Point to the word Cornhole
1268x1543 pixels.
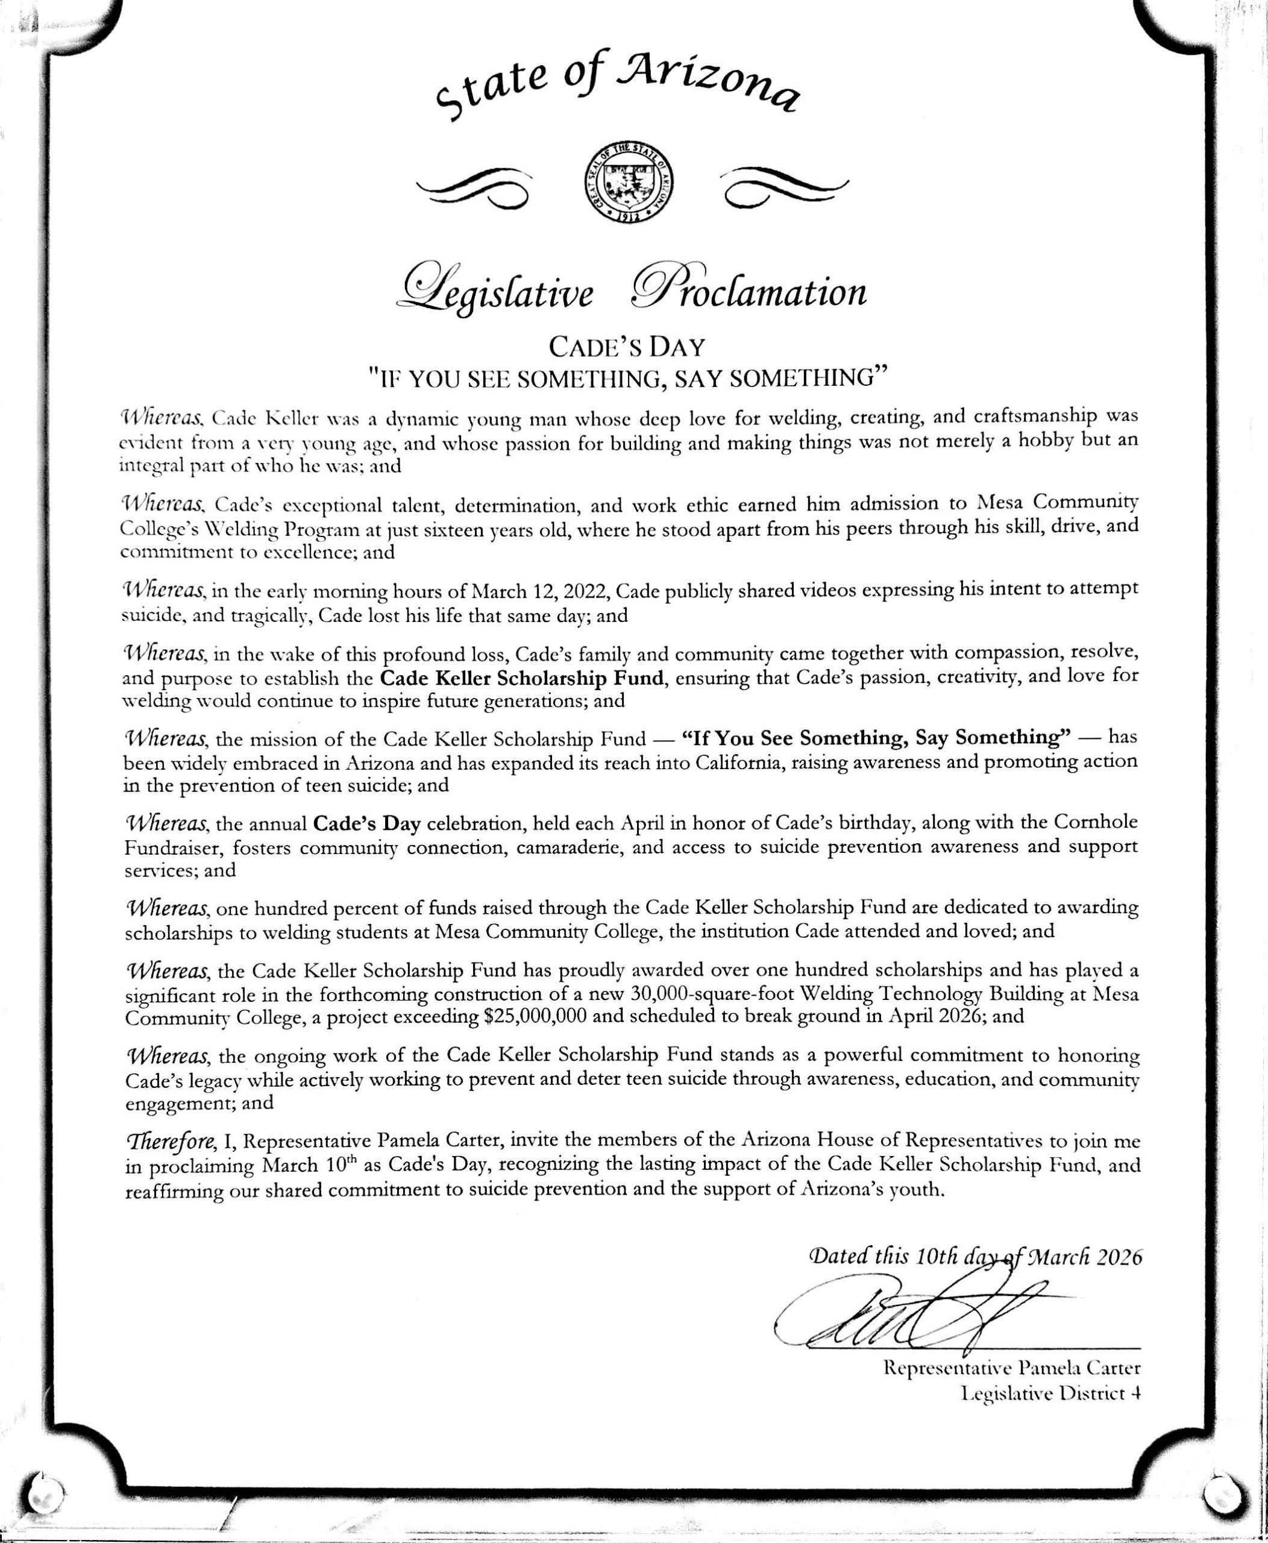pyautogui.click(x=1096, y=822)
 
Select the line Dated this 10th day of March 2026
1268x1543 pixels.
pyautogui.click(x=975, y=1257)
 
